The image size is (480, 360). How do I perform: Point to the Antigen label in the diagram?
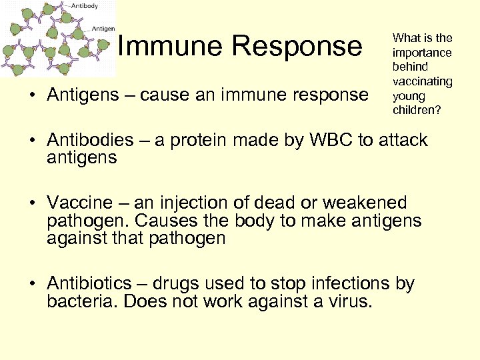tap(103, 29)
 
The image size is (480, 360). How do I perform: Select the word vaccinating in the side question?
tap(422, 81)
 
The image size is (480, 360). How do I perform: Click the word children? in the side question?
tap(417, 109)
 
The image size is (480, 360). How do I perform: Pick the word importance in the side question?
tap(422, 52)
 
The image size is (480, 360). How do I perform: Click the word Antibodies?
tap(90, 141)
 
